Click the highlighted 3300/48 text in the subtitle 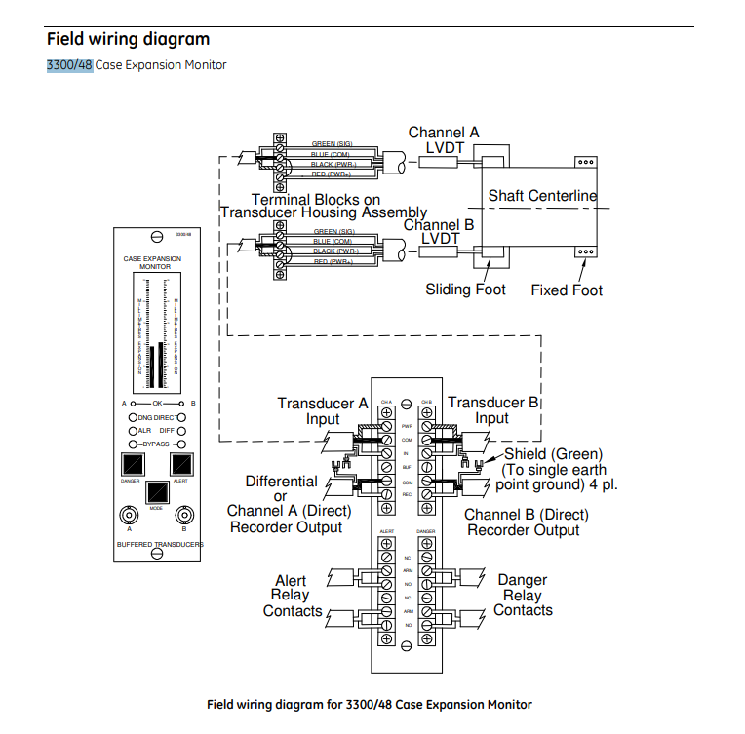point(69,65)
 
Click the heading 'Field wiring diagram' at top point(128,39)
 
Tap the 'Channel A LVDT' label point(444,140)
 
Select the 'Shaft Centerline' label point(542,196)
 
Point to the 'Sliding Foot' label point(466,290)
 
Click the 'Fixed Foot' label point(567,290)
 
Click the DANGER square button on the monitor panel point(131,463)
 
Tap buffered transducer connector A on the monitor point(129,516)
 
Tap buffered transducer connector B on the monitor point(183,516)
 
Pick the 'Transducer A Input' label point(323,411)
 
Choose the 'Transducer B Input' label point(492,410)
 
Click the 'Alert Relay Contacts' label point(292,596)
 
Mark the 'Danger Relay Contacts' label point(523,595)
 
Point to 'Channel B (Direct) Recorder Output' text point(526,522)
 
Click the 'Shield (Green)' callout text point(553,454)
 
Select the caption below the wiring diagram point(370,704)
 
